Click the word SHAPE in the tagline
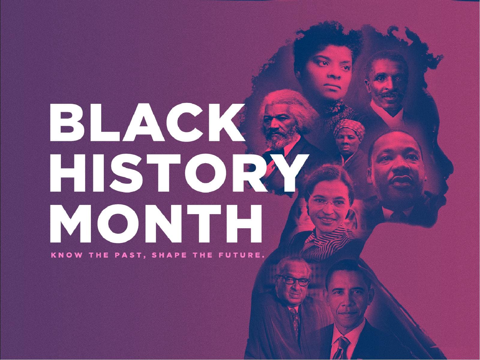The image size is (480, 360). pyautogui.click(x=170, y=256)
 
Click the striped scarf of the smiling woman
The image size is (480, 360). pyautogui.click(x=325, y=240)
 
